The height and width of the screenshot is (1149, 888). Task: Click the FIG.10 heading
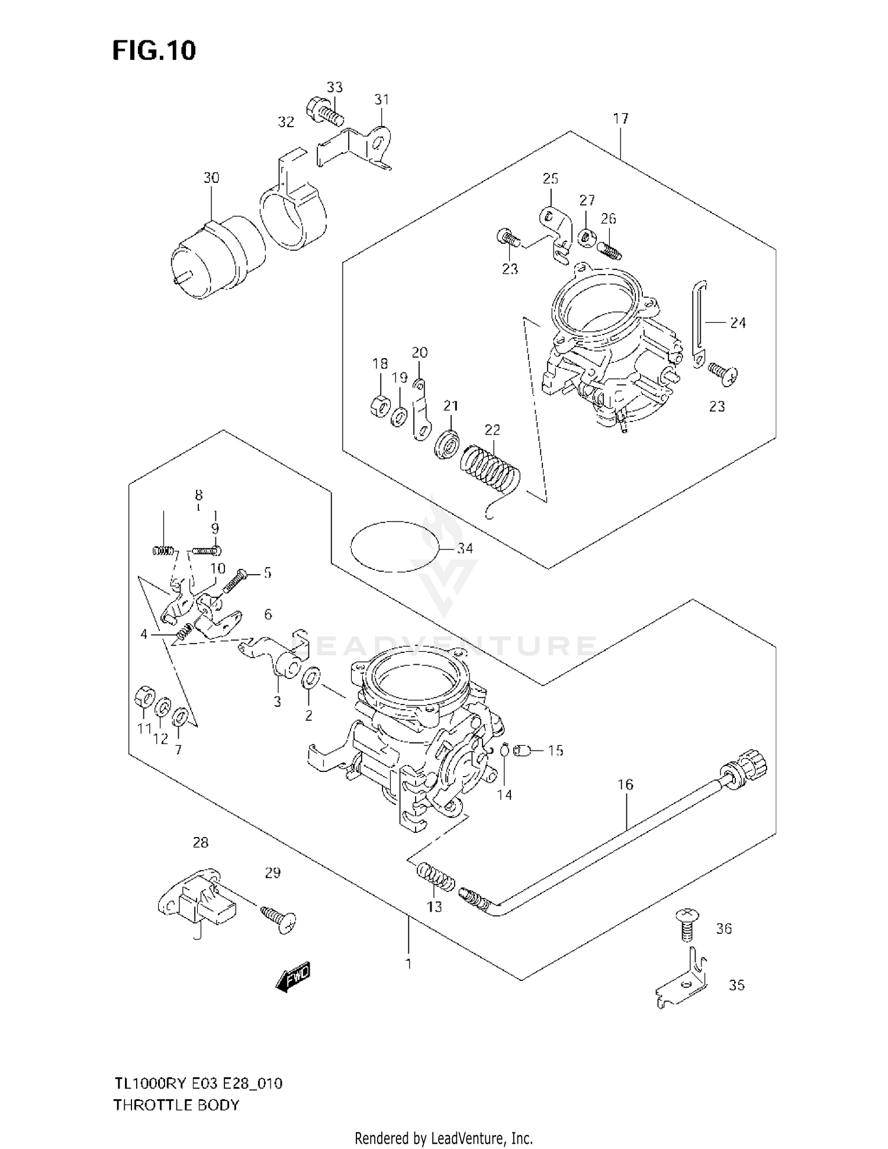tap(154, 51)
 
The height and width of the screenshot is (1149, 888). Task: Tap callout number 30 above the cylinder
tap(211, 178)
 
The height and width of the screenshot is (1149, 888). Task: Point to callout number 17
tap(620, 119)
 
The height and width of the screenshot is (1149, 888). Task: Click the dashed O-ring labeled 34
tap(395, 546)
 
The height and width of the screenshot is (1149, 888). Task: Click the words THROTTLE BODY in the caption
tap(176, 1105)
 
